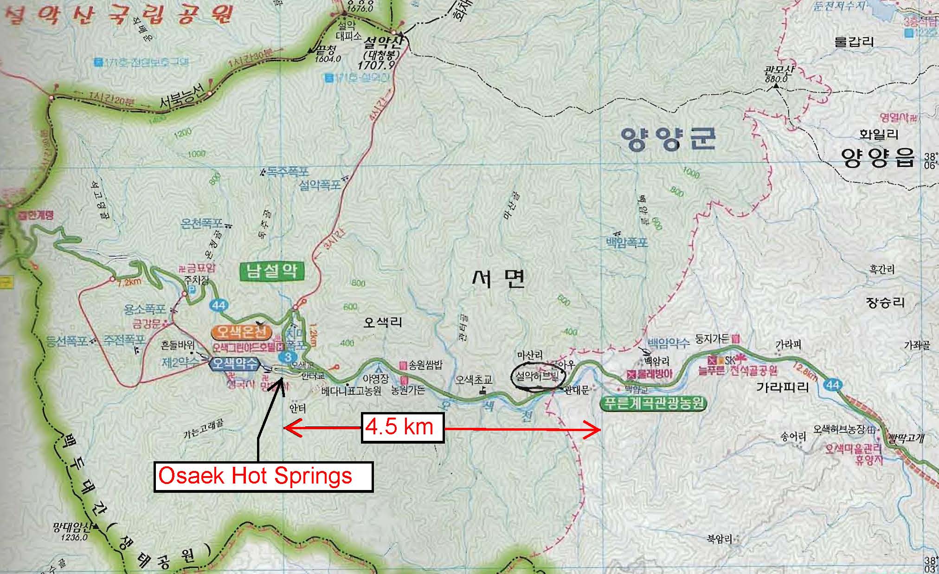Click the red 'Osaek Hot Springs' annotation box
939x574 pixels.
[x=263, y=477]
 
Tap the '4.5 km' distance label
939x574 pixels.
[x=402, y=426]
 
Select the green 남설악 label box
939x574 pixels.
[x=272, y=271]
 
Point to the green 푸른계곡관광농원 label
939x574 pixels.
[x=653, y=403]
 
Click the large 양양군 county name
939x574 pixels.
[x=668, y=138]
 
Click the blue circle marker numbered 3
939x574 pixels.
[x=287, y=357]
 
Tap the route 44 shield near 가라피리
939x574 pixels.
[x=833, y=384]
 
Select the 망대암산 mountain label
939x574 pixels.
[x=71, y=528]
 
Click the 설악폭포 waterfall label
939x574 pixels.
[x=320, y=185]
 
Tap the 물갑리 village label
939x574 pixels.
[x=854, y=42]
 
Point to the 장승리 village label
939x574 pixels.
[x=885, y=303]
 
